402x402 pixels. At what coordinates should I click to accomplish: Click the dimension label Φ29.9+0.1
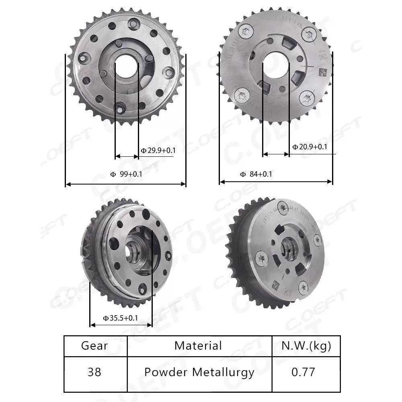click(158, 151)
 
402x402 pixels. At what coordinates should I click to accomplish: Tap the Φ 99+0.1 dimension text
click(126, 174)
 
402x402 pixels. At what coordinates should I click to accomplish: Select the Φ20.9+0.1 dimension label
click(310, 147)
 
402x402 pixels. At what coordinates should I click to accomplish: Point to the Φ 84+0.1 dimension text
click(256, 174)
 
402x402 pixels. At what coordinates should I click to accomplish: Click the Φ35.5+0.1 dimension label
click(120, 318)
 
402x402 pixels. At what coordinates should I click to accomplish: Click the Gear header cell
click(94, 346)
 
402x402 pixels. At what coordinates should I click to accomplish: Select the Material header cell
click(198, 346)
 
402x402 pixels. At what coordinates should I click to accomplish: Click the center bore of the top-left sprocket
click(126, 64)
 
